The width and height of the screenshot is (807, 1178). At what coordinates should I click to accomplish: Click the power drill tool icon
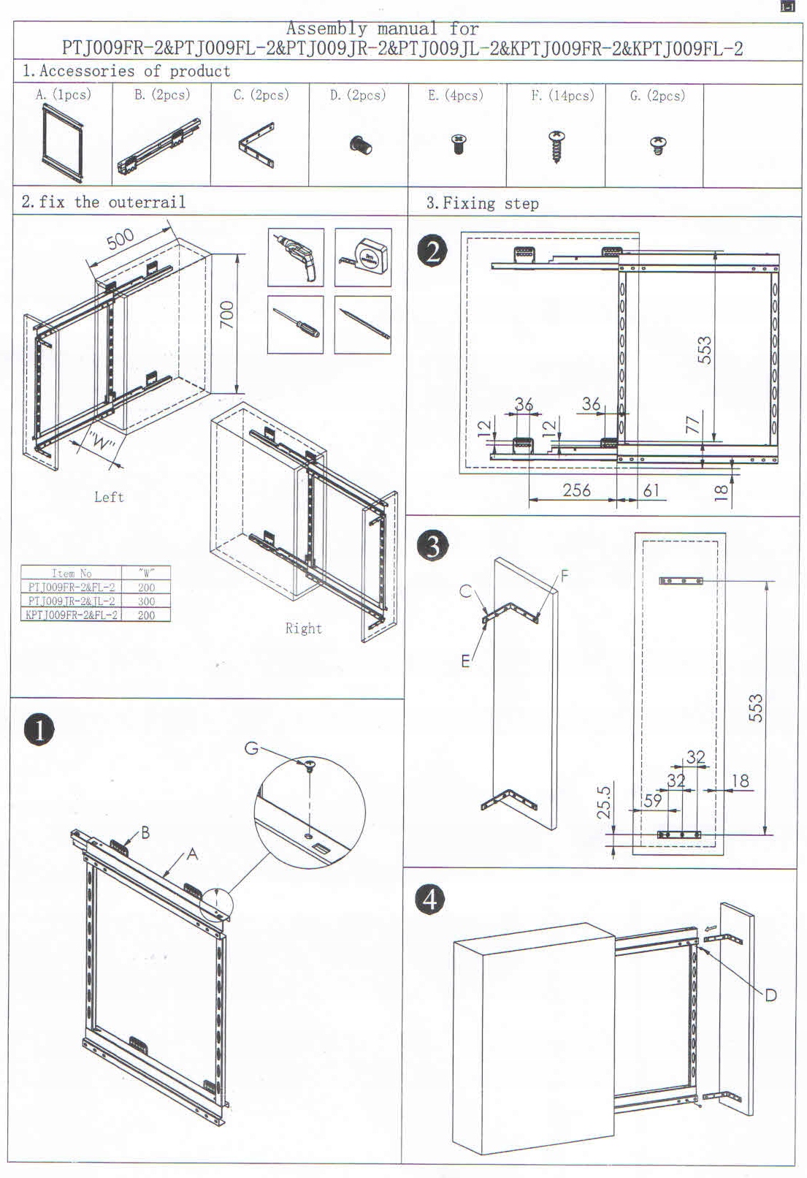point(296,256)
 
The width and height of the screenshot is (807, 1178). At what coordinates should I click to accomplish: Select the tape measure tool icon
point(363,256)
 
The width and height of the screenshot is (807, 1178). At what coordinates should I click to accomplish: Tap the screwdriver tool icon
point(296,324)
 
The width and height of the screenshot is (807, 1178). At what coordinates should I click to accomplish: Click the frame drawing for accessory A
point(63,142)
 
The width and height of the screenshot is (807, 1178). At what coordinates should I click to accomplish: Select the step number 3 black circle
point(433,546)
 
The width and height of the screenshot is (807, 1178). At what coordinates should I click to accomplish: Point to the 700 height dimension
point(227,315)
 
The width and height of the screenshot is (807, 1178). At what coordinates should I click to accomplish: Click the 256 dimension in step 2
point(576,490)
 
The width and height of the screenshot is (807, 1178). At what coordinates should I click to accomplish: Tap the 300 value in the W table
point(146,601)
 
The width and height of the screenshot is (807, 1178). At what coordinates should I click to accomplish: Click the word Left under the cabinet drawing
point(109,497)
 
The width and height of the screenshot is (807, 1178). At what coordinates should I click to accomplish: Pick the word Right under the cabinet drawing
point(303,628)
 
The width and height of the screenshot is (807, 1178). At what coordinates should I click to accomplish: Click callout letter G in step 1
point(251,748)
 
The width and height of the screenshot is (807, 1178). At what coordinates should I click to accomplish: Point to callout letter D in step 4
point(770,995)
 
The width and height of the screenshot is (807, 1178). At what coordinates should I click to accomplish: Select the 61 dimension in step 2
point(651,490)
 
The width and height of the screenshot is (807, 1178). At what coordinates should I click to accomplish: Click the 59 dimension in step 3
point(652,800)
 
